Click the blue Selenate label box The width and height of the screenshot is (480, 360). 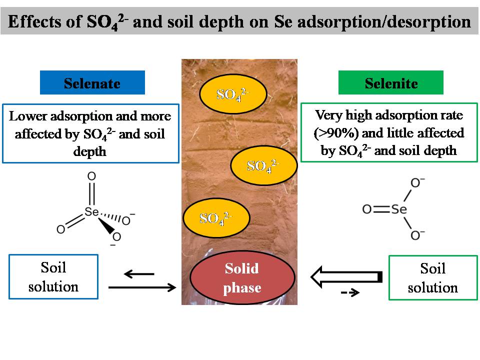pos(92,82)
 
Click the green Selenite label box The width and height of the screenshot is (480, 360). pos(390,82)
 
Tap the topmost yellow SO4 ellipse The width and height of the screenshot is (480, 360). pos(233,93)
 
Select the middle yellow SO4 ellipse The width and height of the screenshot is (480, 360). pos(264,165)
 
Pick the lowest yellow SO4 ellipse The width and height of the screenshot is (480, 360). pos(216,217)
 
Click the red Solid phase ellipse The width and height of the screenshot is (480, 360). pos(242,277)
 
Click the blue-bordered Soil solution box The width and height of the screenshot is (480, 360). pos(53,276)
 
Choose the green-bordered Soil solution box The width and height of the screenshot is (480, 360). pos(433,277)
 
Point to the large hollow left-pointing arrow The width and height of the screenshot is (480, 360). pos(346,276)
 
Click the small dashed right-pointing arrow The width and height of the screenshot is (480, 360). pos(350,292)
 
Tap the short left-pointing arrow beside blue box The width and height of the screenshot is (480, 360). pos(139,273)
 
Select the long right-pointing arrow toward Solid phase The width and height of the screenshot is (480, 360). pos(142,287)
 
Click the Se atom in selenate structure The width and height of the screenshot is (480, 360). pos(91,211)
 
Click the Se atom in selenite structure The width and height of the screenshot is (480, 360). pos(399,209)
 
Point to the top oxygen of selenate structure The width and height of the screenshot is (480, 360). pos(91,176)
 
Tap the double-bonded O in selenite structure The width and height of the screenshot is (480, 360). pos(366,209)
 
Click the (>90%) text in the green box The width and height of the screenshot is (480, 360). pos(336,133)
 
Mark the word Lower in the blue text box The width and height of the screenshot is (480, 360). pos(28,116)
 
